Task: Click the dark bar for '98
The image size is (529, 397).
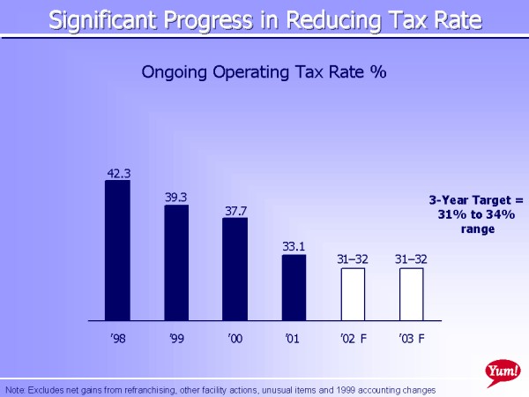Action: pyautogui.click(x=117, y=250)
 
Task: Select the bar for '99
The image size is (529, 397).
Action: pyautogui.click(x=176, y=262)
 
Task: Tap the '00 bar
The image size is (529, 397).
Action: pyautogui.click(x=235, y=268)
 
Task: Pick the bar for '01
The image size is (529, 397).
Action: pyautogui.click(x=294, y=287)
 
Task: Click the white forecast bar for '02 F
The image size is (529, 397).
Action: pyautogui.click(x=353, y=293)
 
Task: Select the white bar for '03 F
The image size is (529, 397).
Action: pyautogui.click(x=411, y=293)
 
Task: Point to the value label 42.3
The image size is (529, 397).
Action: pyautogui.click(x=118, y=174)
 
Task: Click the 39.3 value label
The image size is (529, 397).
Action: pyautogui.click(x=176, y=198)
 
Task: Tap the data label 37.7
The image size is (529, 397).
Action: pyautogui.click(x=235, y=211)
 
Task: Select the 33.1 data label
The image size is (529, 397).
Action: pyautogui.click(x=294, y=248)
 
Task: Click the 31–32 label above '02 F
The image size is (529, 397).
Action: pyautogui.click(x=353, y=259)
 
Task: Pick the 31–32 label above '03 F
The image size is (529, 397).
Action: pyautogui.click(x=411, y=259)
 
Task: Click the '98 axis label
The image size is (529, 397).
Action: pyautogui.click(x=117, y=338)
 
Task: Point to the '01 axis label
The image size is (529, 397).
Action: pyautogui.click(x=294, y=338)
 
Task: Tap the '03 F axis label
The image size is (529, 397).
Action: pyautogui.click(x=411, y=338)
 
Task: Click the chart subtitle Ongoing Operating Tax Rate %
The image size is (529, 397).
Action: pyautogui.click(x=264, y=72)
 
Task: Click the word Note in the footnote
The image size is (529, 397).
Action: pyautogui.click(x=15, y=389)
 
